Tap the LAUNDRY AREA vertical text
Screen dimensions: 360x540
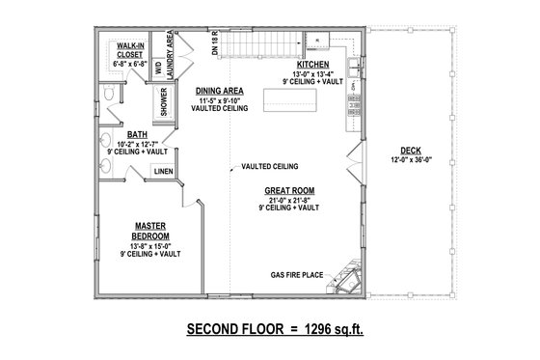(x=171, y=52)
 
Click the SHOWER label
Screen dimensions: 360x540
(x=164, y=101)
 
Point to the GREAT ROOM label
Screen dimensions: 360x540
(x=290, y=191)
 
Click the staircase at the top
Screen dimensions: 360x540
(x=261, y=44)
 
